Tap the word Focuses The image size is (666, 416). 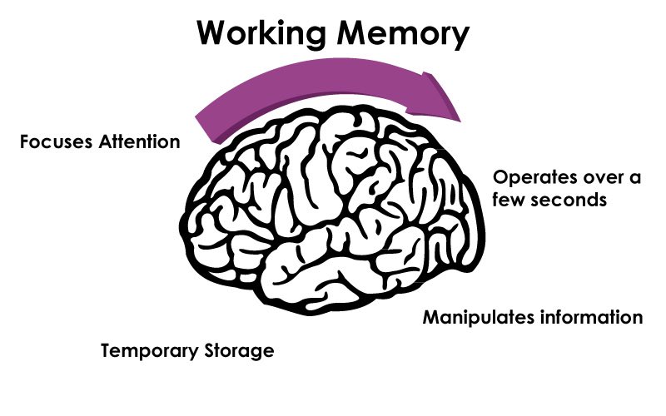(x=51, y=141)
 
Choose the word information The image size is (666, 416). (x=586, y=318)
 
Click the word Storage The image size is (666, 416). (x=237, y=350)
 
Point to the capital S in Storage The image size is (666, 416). (x=207, y=350)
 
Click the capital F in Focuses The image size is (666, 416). (x=23, y=141)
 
